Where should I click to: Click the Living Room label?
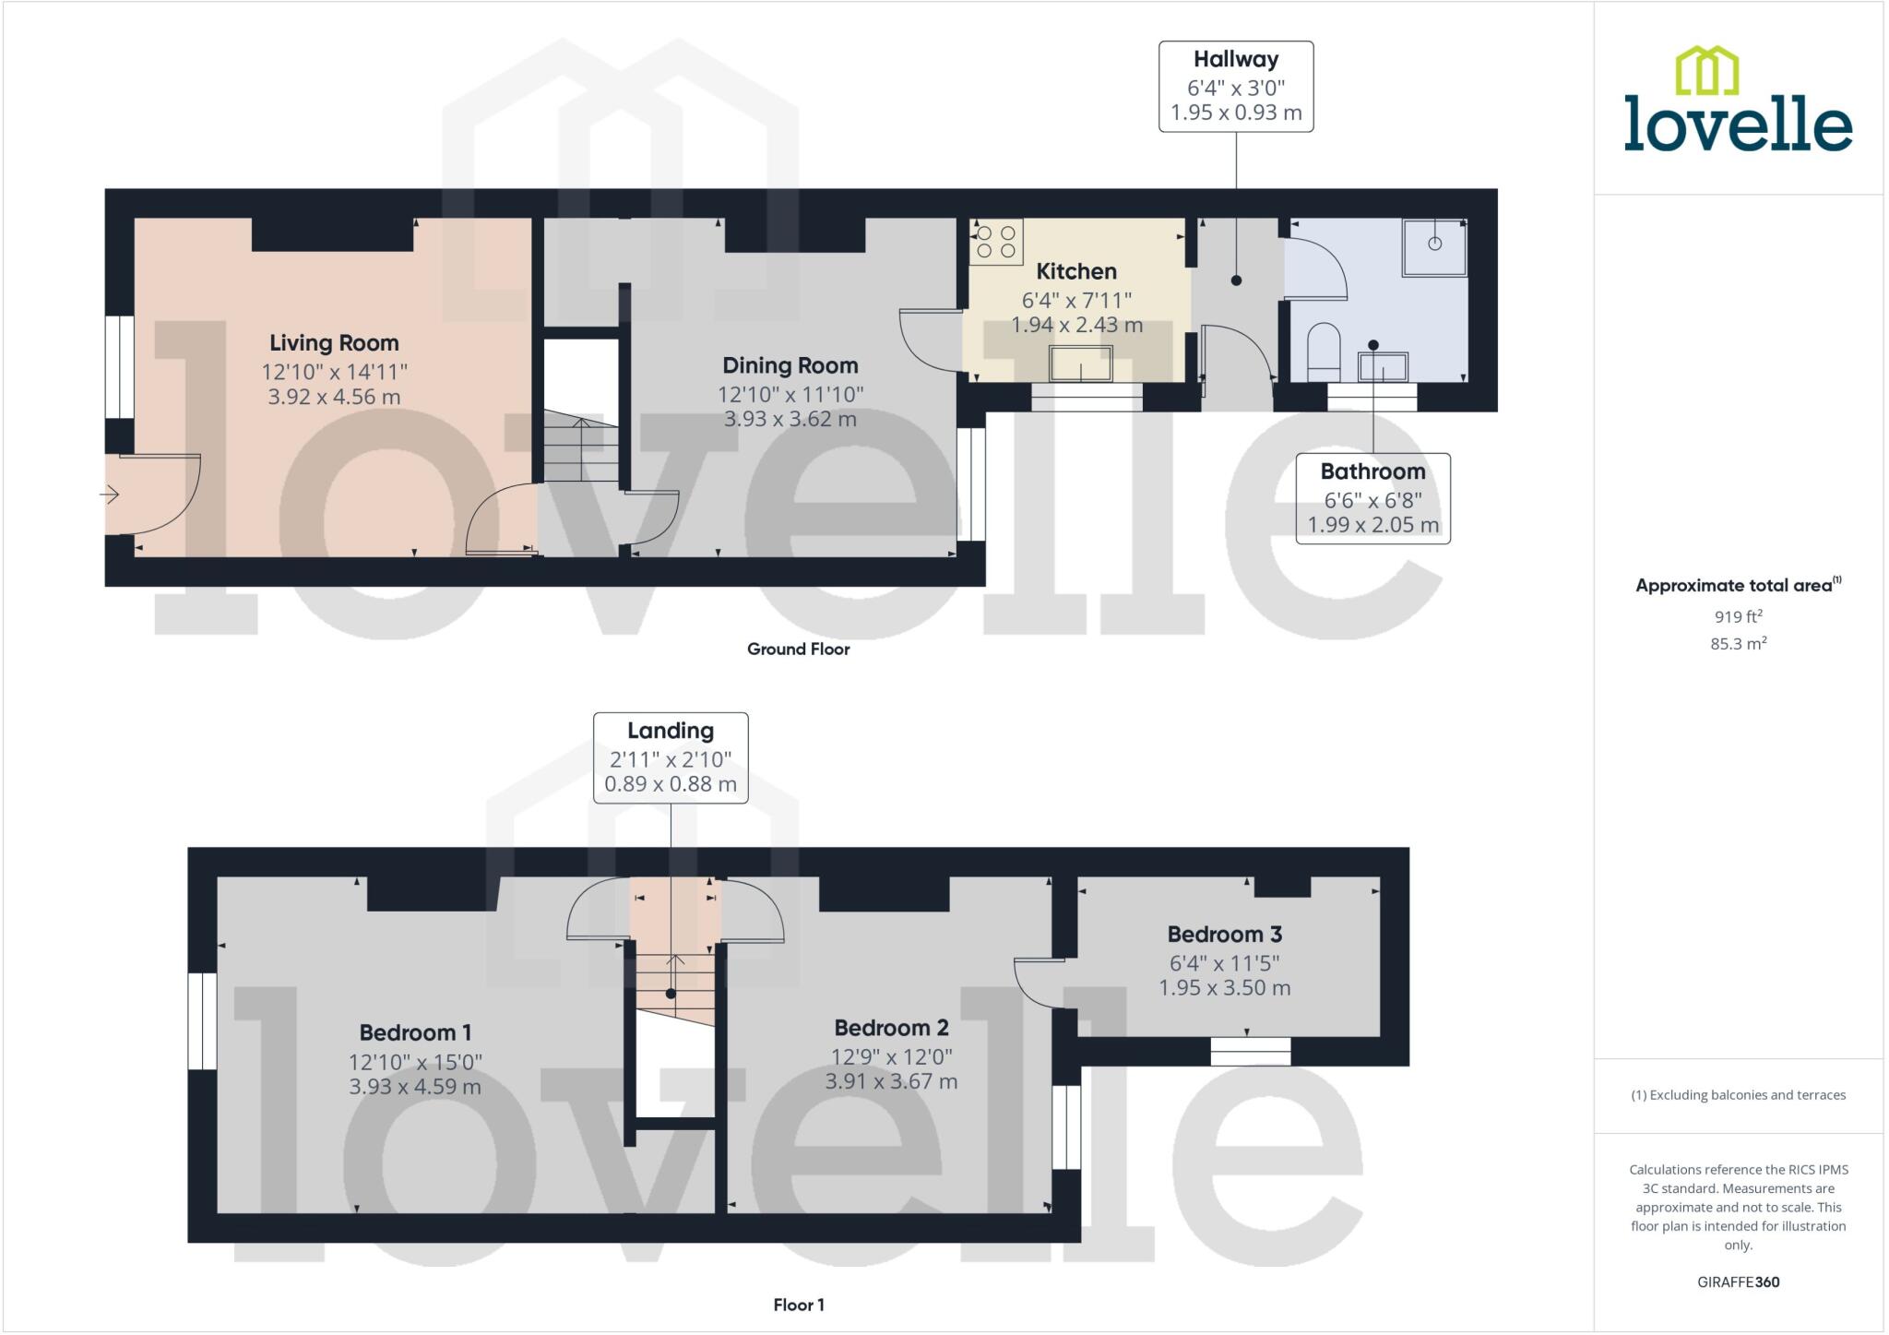pyautogui.click(x=334, y=343)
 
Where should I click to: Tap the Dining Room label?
pyautogui.click(x=790, y=366)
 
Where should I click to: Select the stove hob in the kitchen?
pyautogui.click(x=996, y=242)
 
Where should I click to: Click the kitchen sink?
pyautogui.click(x=1081, y=364)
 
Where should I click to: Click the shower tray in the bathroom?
pyautogui.click(x=1434, y=247)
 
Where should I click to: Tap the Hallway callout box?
pyautogui.click(x=1236, y=87)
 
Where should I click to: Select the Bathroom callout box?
pyautogui.click(x=1372, y=498)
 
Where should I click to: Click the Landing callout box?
pyautogui.click(x=671, y=757)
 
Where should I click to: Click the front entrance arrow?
pyautogui.click(x=110, y=495)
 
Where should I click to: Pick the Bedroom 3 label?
pyautogui.click(x=1224, y=935)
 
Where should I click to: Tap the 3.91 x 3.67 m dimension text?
pyautogui.click(x=891, y=1081)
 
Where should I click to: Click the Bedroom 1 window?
pyautogui.click(x=202, y=1021)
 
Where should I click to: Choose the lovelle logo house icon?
pyautogui.click(x=1706, y=71)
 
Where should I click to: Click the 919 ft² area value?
pyautogui.click(x=1738, y=617)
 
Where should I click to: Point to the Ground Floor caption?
pyautogui.click(x=798, y=650)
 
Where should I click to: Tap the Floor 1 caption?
pyautogui.click(x=799, y=1305)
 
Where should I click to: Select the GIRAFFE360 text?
pyautogui.click(x=1738, y=1282)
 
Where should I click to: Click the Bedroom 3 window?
pyautogui.click(x=1250, y=1051)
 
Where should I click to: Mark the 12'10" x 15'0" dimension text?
pyautogui.click(x=415, y=1062)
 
